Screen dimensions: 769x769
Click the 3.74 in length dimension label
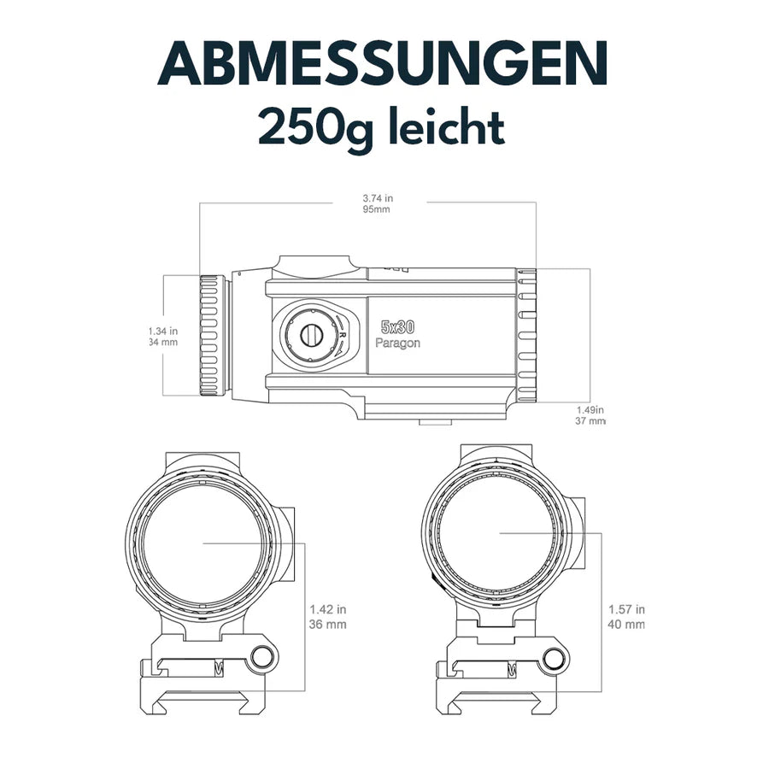(x=378, y=198)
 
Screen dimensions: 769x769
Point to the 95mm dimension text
(x=377, y=209)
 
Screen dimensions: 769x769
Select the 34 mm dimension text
(x=162, y=342)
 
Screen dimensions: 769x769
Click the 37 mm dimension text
(x=591, y=420)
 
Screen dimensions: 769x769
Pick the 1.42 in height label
(x=328, y=610)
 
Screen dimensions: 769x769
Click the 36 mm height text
(x=328, y=624)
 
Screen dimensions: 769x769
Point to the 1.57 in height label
(x=626, y=610)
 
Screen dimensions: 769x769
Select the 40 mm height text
(x=626, y=624)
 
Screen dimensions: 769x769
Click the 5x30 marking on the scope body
(x=397, y=327)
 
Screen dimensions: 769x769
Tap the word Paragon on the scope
(x=397, y=342)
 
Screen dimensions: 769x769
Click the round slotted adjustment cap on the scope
(x=308, y=334)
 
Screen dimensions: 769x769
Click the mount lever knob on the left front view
(x=263, y=657)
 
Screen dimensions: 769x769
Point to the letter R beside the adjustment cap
(x=342, y=337)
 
